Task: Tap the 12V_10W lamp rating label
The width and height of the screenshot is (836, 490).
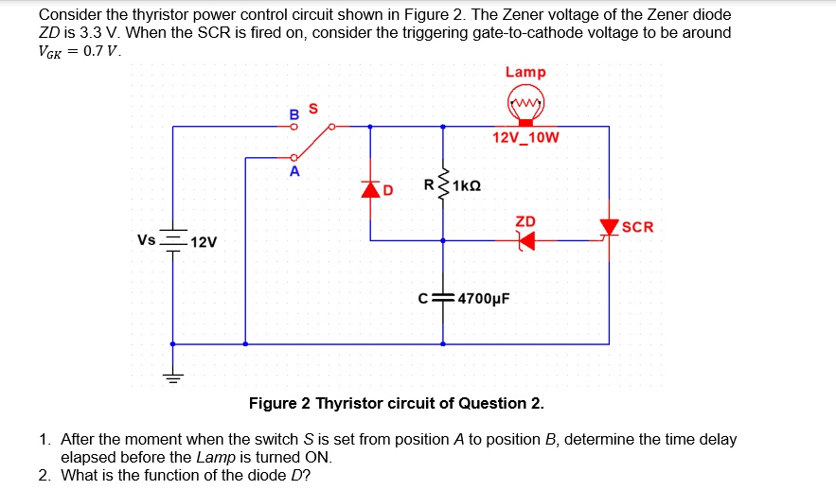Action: [x=525, y=138]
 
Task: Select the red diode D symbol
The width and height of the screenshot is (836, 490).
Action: [x=370, y=188]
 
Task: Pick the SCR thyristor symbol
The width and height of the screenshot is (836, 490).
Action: [x=608, y=228]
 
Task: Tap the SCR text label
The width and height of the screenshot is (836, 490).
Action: [x=638, y=227]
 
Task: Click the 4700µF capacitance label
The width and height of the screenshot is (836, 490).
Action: [x=484, y=298]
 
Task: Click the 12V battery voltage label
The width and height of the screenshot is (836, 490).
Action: [x=204, y=242]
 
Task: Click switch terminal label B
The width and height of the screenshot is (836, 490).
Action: [x=293, y=114]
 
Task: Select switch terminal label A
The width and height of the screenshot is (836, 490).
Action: [x=294, y=172]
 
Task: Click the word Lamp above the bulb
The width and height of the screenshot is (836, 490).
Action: [x=525, y=72]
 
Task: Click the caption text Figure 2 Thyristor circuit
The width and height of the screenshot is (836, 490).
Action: [x=396, y=404]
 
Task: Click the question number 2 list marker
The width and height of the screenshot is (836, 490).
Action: [x=44, y=475]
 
